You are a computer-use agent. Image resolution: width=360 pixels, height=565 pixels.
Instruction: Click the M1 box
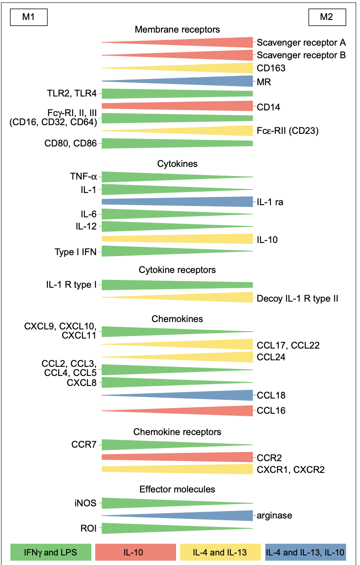pos(29,17)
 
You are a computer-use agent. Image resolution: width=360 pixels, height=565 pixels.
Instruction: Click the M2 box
pos(327,17)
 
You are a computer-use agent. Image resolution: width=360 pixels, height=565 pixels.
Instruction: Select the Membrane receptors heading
pos(177,30)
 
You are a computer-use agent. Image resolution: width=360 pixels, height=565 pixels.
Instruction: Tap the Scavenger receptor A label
pos(301,43)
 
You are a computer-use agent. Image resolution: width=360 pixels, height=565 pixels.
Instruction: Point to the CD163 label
pos(271,68)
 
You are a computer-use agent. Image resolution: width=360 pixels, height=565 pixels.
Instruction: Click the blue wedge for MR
pos(177,81)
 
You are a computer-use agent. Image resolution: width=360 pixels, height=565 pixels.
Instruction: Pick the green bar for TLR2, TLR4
pos(177,93)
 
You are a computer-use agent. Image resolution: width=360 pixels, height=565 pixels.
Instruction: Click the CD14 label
pos(268,107)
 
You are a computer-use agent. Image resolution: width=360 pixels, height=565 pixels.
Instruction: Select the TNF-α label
pos(83,176)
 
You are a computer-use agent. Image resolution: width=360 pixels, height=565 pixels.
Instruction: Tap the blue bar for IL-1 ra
pos(177,202)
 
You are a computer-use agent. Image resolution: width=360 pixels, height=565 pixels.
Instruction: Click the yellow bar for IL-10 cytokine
pos(177,239)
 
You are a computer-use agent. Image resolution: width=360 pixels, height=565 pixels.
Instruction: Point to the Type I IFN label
pos(76,252)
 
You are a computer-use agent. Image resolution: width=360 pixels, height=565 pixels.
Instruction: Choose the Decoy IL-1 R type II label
pos(297,299)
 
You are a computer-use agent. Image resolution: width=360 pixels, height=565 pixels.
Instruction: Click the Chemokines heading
pos(177,319)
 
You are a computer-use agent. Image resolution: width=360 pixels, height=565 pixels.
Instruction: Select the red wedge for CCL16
pos(177,411)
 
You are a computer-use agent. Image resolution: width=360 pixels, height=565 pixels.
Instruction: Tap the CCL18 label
pos(271,395)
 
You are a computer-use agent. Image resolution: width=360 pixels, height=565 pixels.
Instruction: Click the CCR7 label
pos(84,444)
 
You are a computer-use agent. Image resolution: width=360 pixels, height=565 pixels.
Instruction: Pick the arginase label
pos(274,515)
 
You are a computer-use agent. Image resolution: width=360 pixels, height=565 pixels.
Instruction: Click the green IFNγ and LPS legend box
pos(51,552)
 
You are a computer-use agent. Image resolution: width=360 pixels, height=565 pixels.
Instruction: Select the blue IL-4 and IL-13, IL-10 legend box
pos(306,552)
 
